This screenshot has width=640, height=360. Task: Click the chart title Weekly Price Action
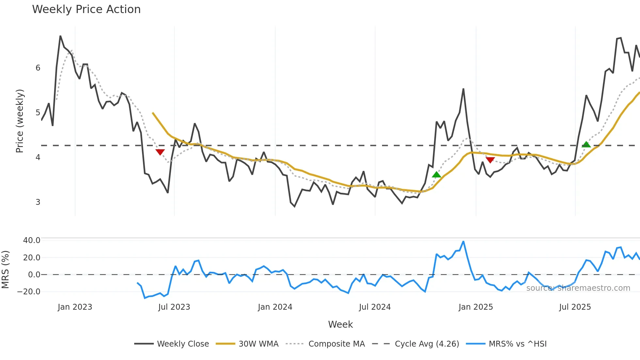click(86, 9)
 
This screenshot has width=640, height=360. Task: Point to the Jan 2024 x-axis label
click(275, 307)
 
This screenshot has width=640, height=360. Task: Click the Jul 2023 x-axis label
click(174, 307)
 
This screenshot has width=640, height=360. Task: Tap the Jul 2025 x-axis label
click(575, 307)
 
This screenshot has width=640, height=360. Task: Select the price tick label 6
click(38, 68)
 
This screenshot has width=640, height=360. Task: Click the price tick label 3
click(38, 202)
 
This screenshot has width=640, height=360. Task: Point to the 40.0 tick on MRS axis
click(32, 240)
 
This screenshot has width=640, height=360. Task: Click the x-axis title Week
click(340, 324)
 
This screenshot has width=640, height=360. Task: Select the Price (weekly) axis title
click(20, 121)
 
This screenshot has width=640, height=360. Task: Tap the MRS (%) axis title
click(5, 270)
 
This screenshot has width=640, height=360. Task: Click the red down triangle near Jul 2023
click(160, 152)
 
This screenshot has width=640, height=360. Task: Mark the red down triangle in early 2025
click(490, 160)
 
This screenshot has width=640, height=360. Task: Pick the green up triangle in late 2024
click(436, 175)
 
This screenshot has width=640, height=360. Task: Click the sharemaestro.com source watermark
click(578, 288)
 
